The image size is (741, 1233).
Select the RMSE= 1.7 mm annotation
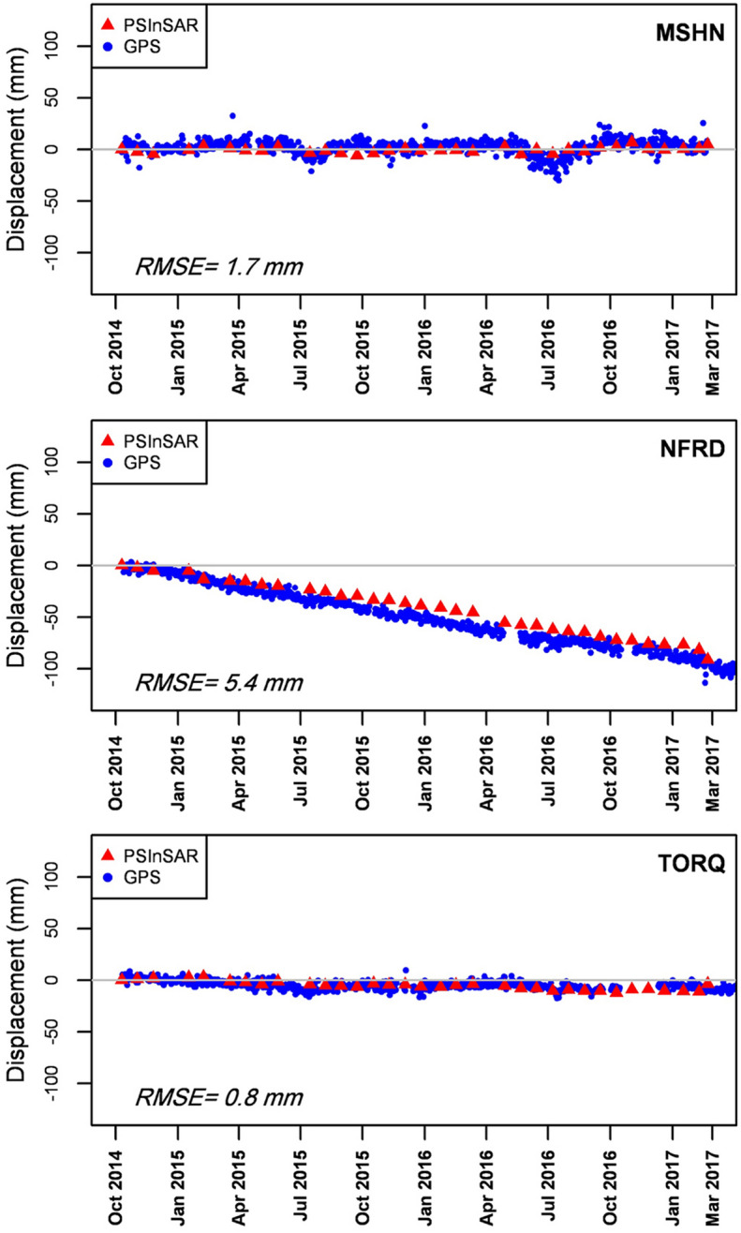219,269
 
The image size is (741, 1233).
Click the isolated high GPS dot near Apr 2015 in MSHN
232,116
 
